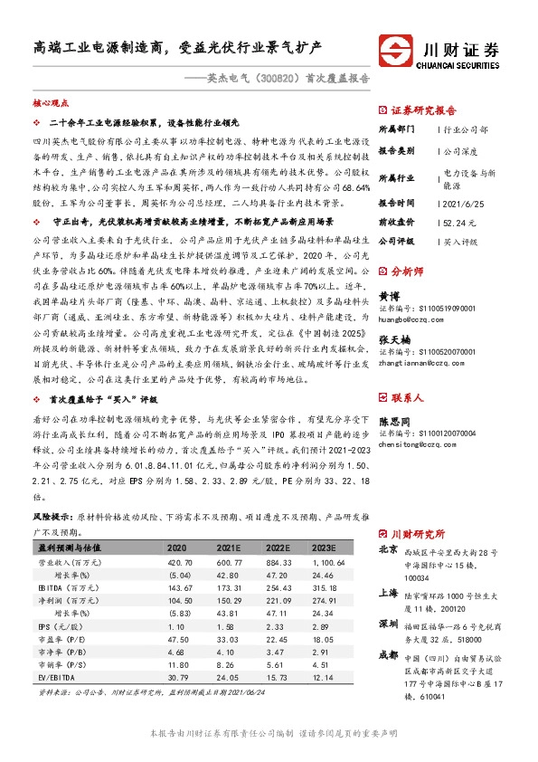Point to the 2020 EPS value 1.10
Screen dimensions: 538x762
coord(177,626)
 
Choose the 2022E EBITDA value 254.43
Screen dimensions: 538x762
coord(278,587)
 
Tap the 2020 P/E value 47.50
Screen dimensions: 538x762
coord(177,639)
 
